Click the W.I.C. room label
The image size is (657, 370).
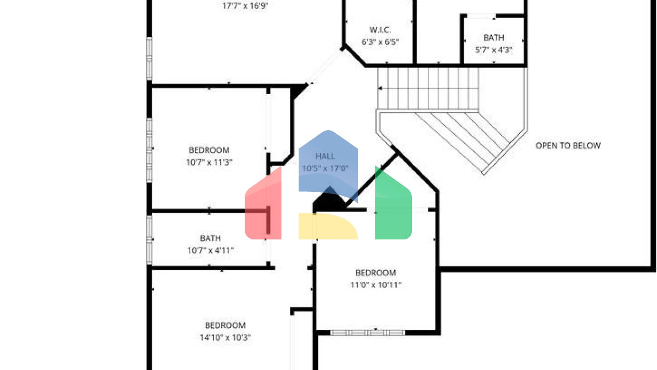pyautogui.click(x=380, y=30)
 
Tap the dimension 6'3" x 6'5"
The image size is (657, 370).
pyautogui.click(x=380, y=42)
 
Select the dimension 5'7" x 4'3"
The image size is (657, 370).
pyautogui.click(x=494, y=50)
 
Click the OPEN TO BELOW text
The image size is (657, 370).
pyautogui.click(x=568, y=146)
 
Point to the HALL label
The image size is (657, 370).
pyautogui.click(x=325, y=156)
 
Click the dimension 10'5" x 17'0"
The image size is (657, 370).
pyautogui.click(x=325, y=168)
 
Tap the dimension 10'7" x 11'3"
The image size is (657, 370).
pyautogui.click(x=209, y=162)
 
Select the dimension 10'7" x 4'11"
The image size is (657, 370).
pyautogui.click(x=210, y=250)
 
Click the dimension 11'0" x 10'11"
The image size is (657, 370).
pyautogui.click(x=376, y=285)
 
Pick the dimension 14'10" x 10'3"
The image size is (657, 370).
pyautogui.click(x=225, y=337)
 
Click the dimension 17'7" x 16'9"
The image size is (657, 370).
pyautogui.click(x=245, y=6)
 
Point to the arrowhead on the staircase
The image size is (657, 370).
pyautogui.click(x=380, y=89)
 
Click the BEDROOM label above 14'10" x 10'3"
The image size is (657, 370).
pyautogui.click(x=225, y=325)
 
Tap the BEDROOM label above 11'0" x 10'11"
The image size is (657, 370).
pyautogui.click(x=376, y=273)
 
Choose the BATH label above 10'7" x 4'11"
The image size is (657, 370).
pyautogui.click(x=210, y=238)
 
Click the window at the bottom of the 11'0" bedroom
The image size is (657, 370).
pyautogui.click(x=367, y=332)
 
